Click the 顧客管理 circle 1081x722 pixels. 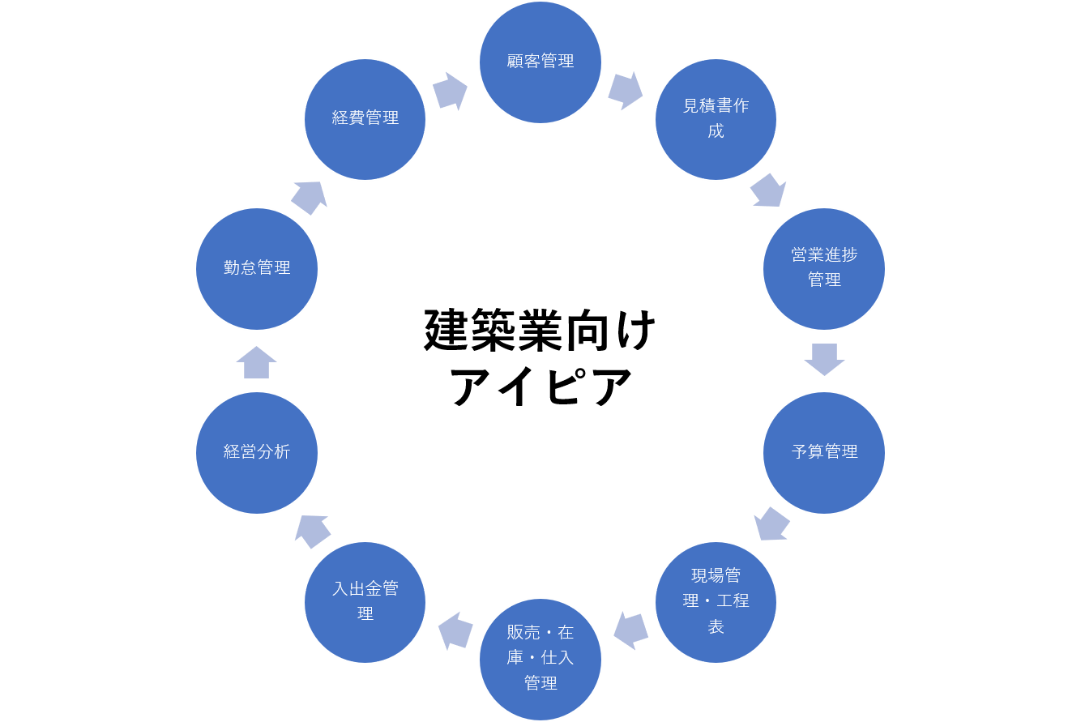coord(540,62)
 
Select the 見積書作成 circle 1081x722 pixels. coord(716,119)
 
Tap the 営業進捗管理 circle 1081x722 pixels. coord(824,268)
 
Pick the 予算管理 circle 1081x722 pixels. coord(824,452)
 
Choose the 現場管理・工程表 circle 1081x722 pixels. coord(716,601)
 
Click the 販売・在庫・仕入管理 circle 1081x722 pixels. coord(540,658)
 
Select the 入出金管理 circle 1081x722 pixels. coord(365,601)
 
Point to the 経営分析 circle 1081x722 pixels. coord(257,452)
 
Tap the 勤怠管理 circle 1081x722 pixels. coord(257,268)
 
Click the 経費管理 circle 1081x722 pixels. coord(365,119)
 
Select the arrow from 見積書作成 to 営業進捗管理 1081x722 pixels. coord(768,190)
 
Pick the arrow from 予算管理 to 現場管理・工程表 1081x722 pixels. coord(771,524)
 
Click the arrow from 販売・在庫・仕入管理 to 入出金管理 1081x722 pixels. coord(455,630)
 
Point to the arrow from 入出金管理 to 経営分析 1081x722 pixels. coord(312,531)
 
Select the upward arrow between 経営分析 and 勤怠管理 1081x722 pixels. coord(257,362)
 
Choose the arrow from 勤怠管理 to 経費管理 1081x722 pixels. coord(309,197)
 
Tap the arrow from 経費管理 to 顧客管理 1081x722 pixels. coord(450,92)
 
